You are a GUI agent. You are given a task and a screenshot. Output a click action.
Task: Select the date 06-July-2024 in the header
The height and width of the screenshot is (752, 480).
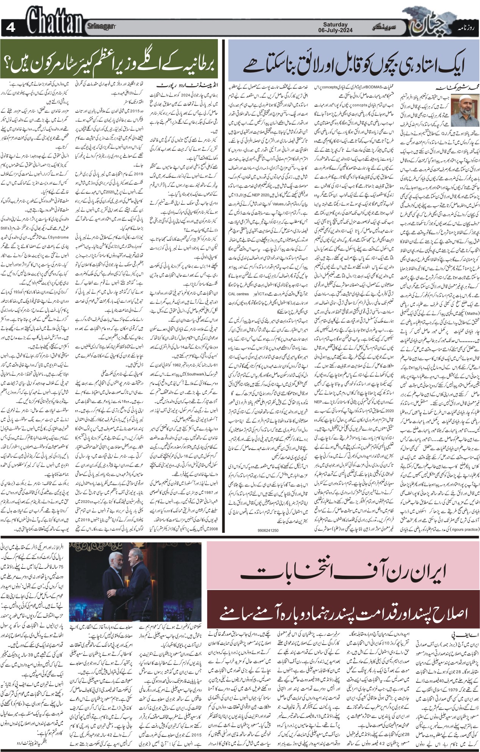click(x=335, y=30)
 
